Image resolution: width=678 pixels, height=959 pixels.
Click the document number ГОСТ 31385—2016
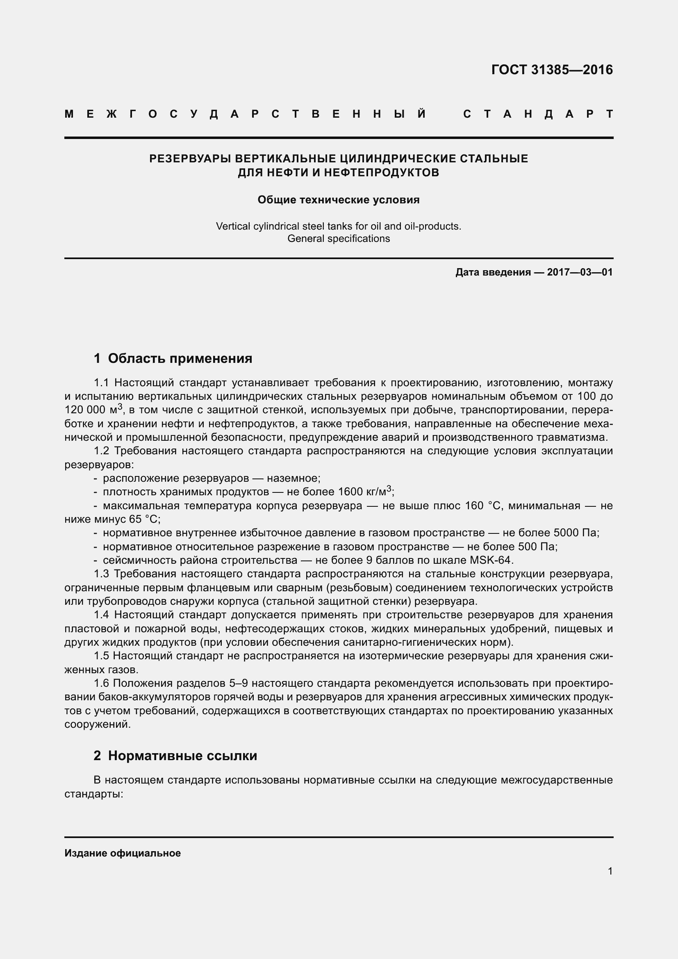pos(552,70)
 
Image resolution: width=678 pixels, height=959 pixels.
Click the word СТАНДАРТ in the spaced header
pos(538,114)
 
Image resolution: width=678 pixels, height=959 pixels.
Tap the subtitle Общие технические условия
pos(339,200)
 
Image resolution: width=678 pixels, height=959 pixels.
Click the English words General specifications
pos(339,239)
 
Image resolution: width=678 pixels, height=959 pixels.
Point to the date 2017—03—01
pos(580,273)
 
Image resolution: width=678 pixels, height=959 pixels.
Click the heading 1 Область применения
pos(173,358)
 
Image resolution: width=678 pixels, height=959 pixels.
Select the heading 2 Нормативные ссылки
pos(175,756)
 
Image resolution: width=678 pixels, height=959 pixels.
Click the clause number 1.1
pos(101,383)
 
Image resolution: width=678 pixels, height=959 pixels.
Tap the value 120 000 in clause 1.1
pos(85,410)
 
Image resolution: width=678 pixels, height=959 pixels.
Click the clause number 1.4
pos(101,615)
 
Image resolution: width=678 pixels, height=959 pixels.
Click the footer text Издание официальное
pos(122,853)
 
